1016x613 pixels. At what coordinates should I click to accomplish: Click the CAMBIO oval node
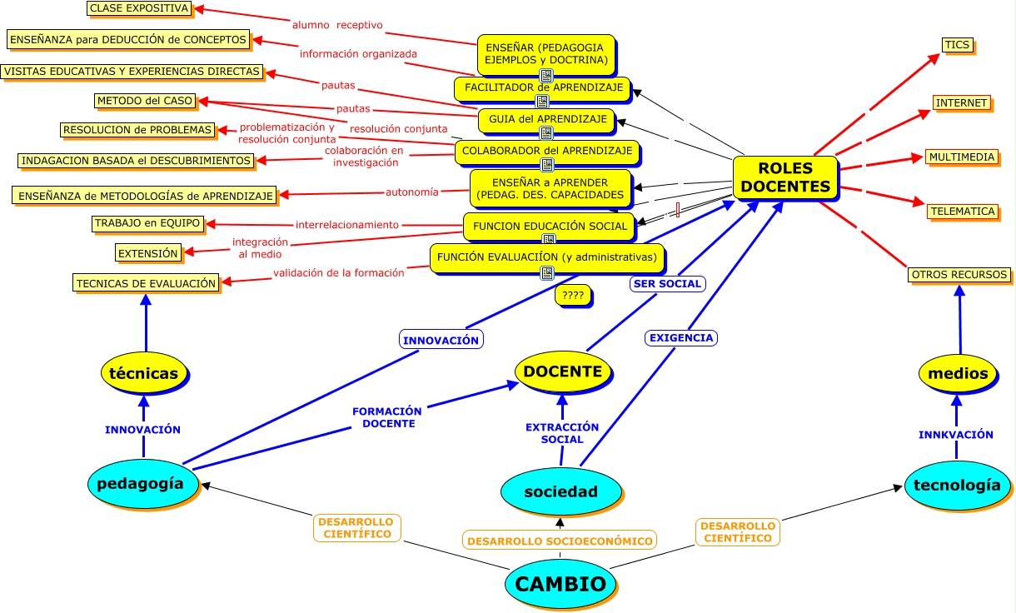560,584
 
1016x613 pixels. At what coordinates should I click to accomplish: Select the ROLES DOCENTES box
784,178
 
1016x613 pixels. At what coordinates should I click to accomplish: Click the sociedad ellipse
560,491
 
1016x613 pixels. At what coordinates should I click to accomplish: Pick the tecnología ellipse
956,485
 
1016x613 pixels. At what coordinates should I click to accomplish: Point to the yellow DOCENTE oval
562,371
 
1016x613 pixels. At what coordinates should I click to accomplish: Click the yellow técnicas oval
143,373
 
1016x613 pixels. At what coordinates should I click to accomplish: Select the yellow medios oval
958,373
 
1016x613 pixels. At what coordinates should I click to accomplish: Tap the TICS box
957,45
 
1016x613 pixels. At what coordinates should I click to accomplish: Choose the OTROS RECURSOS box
959,275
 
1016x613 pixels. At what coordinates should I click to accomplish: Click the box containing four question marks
572,295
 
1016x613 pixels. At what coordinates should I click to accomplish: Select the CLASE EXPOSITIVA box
139,8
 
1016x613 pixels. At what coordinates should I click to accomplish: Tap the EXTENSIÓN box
147,253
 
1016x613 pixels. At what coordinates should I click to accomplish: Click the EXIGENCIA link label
680,338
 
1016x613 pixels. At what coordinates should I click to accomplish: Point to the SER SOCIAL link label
666,284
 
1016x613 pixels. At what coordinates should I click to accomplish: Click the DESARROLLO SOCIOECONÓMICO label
559,541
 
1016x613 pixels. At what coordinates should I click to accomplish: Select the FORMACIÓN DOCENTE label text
386,417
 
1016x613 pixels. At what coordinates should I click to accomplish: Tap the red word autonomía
411,192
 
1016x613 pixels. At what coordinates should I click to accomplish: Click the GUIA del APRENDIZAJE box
545,120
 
